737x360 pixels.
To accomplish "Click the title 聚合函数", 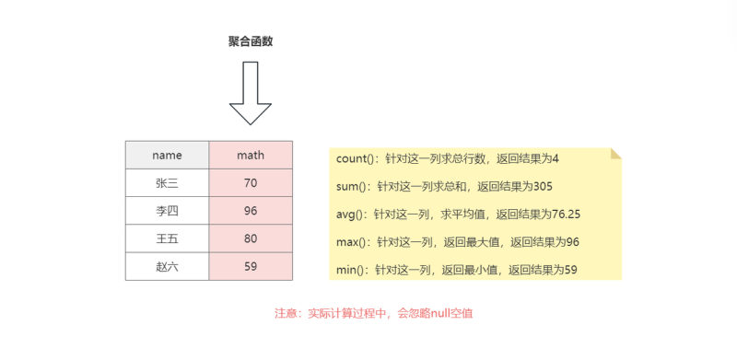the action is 251,41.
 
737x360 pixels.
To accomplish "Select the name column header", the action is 167,155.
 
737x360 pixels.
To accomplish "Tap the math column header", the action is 251,155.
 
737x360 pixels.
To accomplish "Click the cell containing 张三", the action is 167,182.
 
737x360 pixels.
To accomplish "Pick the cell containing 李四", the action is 167,210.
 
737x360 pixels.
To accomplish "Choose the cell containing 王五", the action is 167,238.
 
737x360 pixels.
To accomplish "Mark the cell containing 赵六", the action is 167,266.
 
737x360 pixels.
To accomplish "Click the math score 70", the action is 251,182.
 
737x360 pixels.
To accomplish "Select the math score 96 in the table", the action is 251,210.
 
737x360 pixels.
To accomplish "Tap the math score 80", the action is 251,238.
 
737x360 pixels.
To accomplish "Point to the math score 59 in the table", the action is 251,266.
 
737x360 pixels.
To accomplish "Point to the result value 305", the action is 542,187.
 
